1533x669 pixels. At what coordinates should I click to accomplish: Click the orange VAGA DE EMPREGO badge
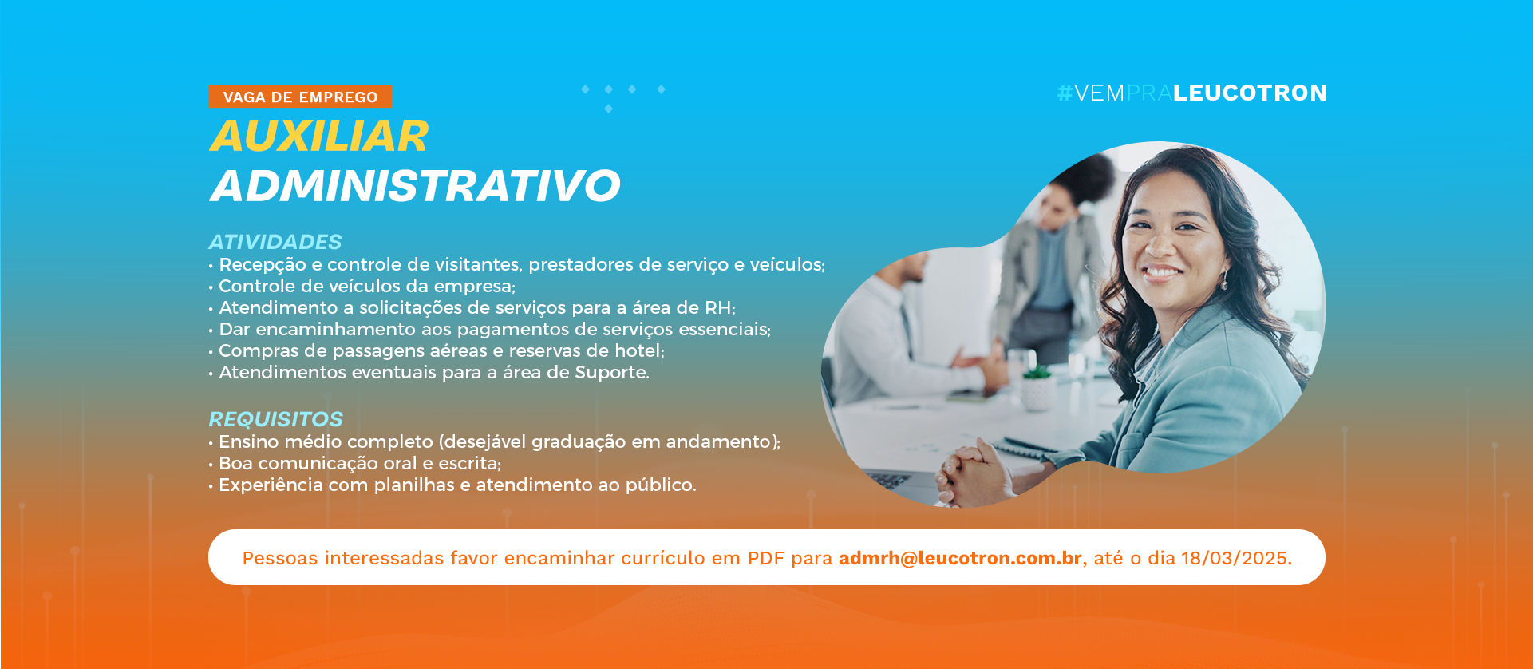[300, 97]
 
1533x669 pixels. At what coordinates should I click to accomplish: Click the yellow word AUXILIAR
[319, 136]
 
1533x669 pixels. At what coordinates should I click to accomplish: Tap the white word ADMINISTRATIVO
[415, 185]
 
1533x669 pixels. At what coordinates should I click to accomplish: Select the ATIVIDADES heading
[275, 242]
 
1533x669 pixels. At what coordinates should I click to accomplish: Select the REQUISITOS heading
[276, 419]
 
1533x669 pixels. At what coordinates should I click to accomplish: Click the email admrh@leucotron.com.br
[960, 558]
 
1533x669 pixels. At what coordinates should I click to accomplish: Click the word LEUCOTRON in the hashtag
[1250, 93]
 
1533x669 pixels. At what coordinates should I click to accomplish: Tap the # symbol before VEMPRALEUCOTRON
[1065, 93]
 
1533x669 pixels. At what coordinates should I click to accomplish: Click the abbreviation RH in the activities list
[717, 307]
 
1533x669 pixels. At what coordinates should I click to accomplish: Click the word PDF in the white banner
[766, 558]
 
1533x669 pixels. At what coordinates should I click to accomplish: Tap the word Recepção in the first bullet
[263, 265]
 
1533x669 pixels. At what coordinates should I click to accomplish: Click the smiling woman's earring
[1224, 280]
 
